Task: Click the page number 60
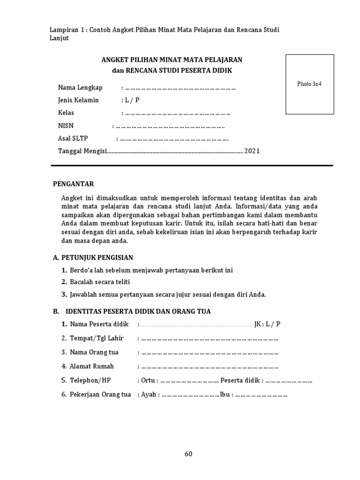click(188, 454)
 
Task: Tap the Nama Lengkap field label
click(80, 88)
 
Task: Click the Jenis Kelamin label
click(78, 100)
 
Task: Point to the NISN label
click(66, 126)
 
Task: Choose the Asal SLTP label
click(73, 138)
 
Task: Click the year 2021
click(251, 151)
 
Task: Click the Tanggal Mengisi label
click(82, 151)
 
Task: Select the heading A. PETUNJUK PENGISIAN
click(93, 257)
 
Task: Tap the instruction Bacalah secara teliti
click(99, 282)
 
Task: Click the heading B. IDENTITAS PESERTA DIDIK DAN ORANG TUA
click(131, 311)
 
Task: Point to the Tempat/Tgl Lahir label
click(95, 338)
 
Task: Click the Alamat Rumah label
click(91, 366)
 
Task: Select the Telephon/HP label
click(90, 380)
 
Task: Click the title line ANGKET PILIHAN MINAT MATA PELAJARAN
click(172, 60)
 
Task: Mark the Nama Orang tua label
click(94, 352)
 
